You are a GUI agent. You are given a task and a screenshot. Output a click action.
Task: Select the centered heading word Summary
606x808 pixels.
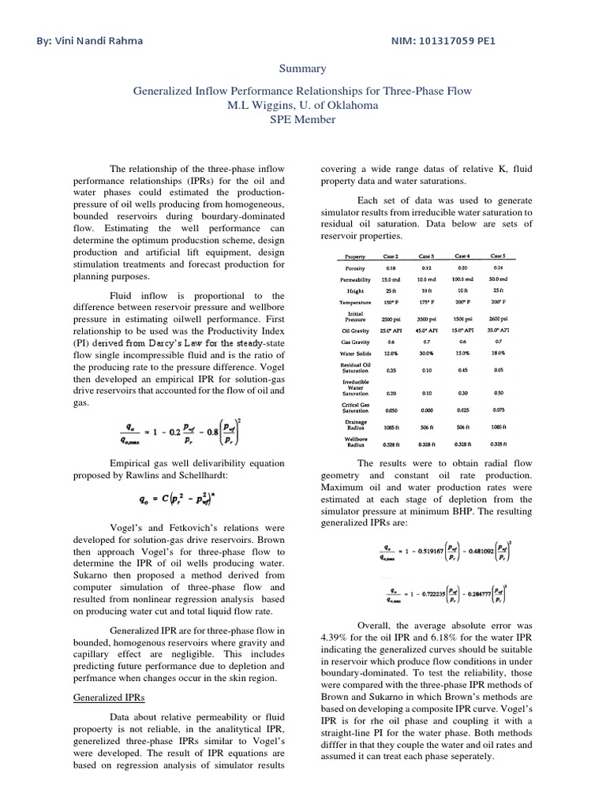click(x=302, y=69)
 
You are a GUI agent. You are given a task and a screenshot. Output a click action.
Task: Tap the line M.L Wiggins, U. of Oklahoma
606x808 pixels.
click(x=302, y=105)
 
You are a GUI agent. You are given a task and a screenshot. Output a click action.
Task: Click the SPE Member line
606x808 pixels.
click(x=302, y=119)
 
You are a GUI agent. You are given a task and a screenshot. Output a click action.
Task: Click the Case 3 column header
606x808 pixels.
click(x=426, y=256)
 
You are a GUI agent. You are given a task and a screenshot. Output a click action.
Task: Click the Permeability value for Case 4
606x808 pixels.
click(x=462, y=279)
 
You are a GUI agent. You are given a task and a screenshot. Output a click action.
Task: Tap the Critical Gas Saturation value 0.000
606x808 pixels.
click(x=426, y=410)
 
